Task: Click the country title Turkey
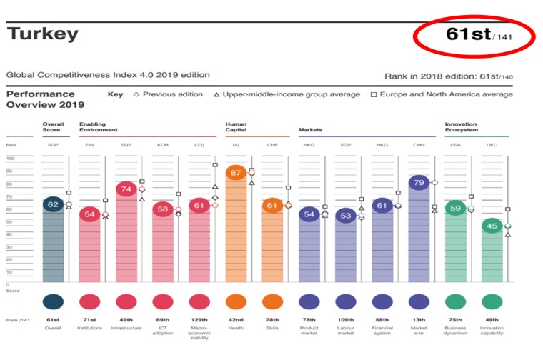42,34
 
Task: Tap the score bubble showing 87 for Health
236,174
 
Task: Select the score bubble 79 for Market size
419,182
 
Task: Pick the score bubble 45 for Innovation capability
492,226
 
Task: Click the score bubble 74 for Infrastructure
126,189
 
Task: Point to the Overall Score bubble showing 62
53,204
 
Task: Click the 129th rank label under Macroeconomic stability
199,320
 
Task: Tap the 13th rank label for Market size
419,320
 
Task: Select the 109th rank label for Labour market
346,320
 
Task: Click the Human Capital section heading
236,127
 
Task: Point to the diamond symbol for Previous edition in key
136,94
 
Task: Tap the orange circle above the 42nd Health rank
236,301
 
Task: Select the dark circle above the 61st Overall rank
53,301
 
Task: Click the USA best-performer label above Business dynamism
456,144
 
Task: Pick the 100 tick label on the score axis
10,159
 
